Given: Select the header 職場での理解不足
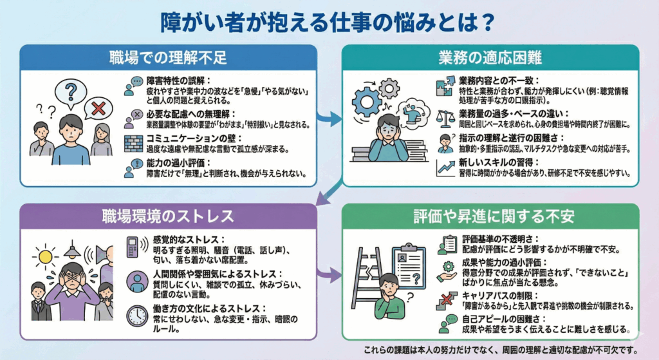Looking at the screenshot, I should click(168, 57).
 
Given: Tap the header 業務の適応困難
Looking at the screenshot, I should click(490, 57).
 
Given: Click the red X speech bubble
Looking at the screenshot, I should click(98, 109).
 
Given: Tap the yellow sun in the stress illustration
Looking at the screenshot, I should click(44, 257).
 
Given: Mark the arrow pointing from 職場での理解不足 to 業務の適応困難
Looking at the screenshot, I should click(329, 118).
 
